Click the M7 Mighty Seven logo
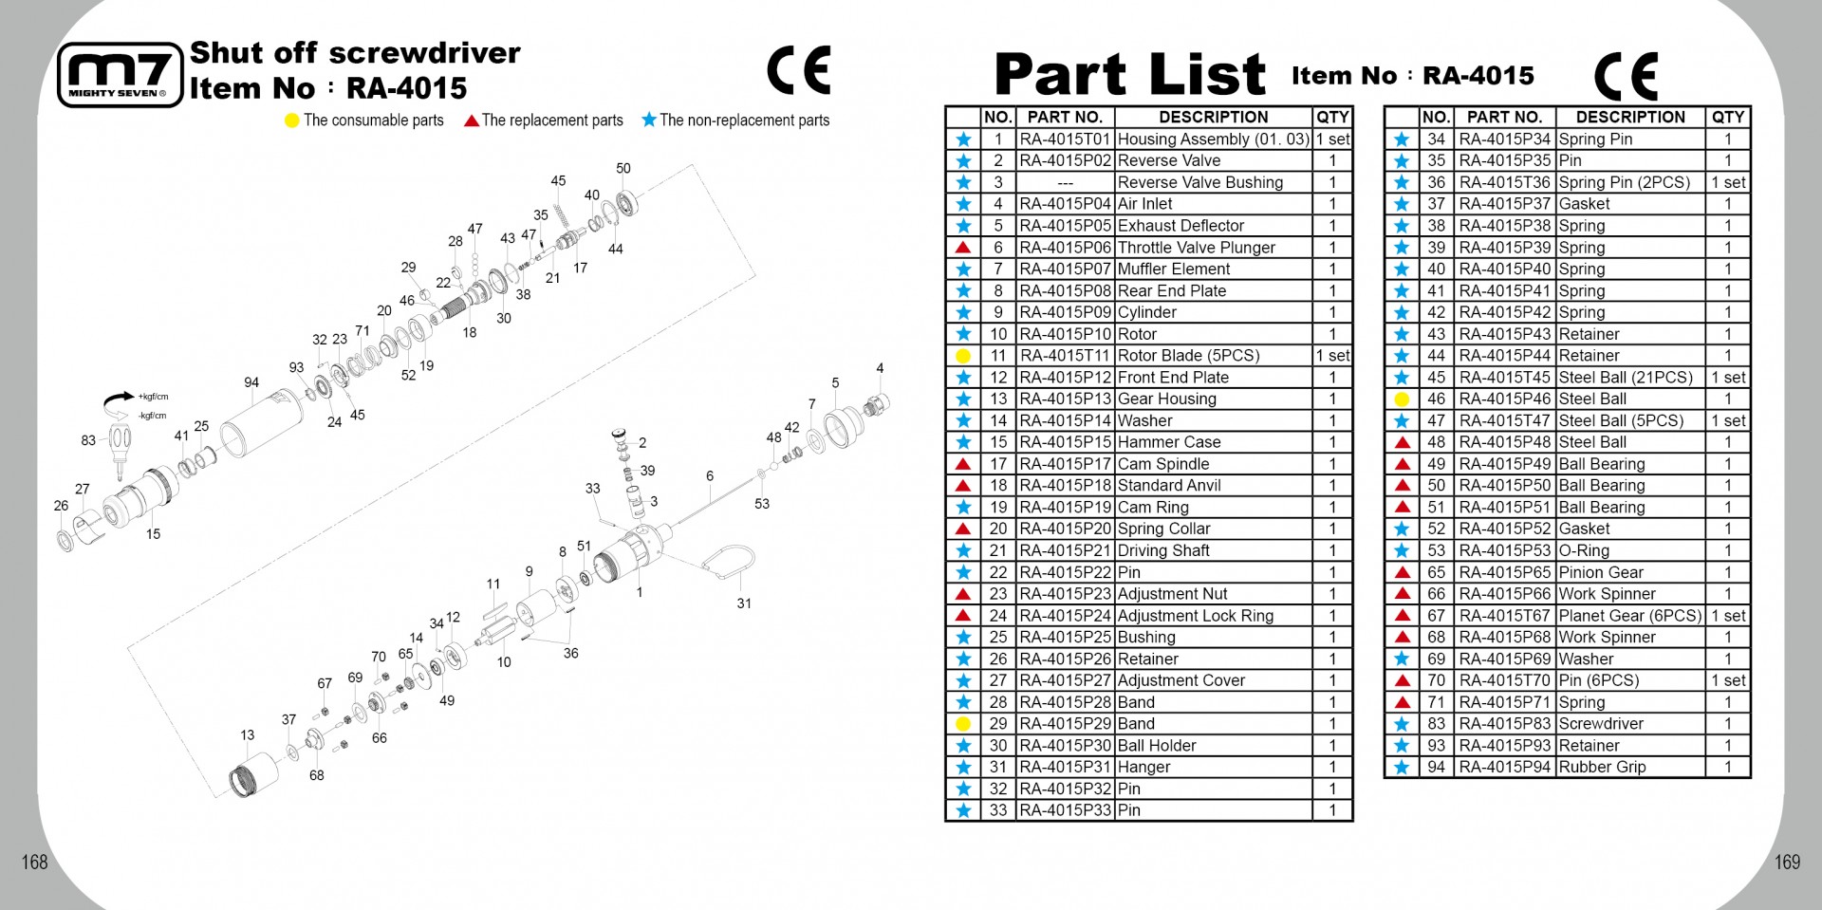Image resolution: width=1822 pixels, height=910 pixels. [x=120, y=75]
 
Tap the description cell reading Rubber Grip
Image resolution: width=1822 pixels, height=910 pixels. [x=1602, y=767]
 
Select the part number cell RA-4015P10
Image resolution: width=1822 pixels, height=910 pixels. [x=1065, y=334]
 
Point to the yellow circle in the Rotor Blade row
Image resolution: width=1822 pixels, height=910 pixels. [x=963, y=356]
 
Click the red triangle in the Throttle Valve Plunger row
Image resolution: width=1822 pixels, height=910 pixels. [x=963, y=248]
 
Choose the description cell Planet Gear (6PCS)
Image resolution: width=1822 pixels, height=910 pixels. [x=1630, y=615]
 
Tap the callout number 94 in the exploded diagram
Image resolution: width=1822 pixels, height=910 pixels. [x=251, y=382]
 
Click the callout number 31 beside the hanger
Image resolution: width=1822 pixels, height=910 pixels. [x=744, y=603]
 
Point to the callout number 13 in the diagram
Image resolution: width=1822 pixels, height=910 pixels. [x=247, y=734]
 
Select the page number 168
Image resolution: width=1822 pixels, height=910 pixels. [x=34, y=862]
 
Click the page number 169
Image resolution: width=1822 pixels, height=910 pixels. [x=1787, y=862]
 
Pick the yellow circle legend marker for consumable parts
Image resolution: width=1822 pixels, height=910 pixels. [x=292, y=121]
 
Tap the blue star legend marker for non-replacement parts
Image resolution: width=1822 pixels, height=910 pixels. [x=649, y=120]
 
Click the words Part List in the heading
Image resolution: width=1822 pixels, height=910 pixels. [x=1129, y=74]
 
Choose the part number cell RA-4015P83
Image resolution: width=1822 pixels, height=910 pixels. [x=1505, y=723]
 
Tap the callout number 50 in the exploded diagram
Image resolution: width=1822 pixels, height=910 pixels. [x=623, y=168]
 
